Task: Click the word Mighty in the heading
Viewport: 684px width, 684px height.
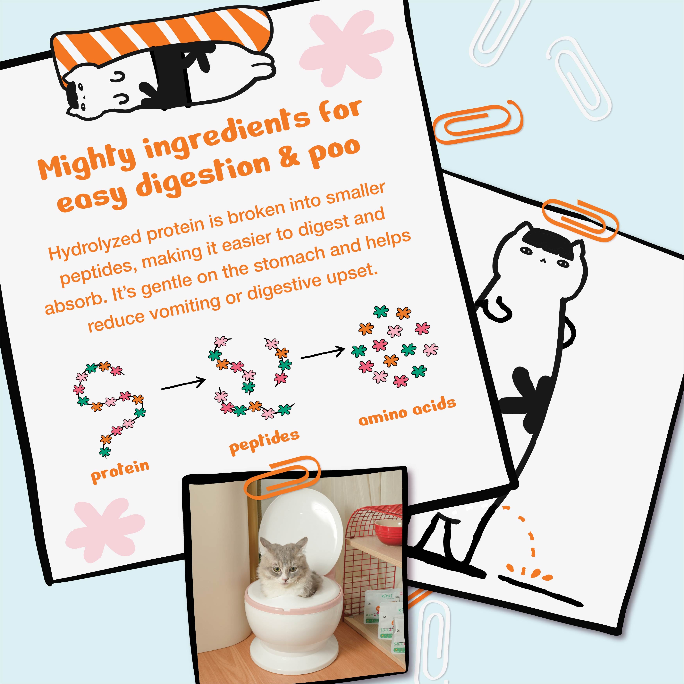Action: [87, 161]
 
